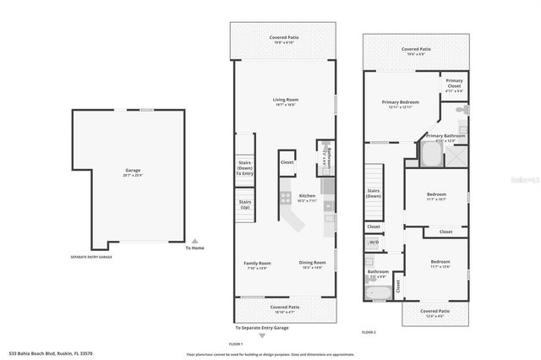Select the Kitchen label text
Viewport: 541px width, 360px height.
coord(307,197)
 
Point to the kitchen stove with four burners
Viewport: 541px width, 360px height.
coord(286,199)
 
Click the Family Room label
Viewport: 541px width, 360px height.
coord(257,265)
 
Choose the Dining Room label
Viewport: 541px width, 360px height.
coord(312,264)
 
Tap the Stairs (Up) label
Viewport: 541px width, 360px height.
coord(244,204)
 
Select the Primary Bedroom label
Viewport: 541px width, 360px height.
coord(401,103)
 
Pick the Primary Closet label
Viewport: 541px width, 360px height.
coord(454,83)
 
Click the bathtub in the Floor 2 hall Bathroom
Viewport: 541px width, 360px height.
coord(377,292)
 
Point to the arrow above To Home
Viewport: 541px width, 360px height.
coord(195,240)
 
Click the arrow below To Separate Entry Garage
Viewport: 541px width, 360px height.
coord(262,335)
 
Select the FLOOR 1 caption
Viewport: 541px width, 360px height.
coord(236,344)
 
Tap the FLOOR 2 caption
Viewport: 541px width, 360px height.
coord(369,332)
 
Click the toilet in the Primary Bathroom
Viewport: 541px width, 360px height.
coord(461,111)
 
